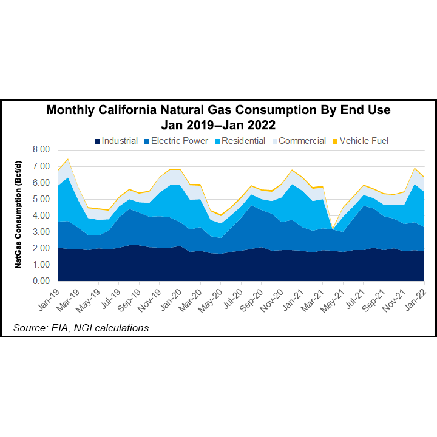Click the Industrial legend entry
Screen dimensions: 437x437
pos(116,141)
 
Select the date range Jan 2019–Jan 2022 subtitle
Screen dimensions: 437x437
pos(218,125)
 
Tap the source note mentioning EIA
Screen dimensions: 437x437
pos(81,328)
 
